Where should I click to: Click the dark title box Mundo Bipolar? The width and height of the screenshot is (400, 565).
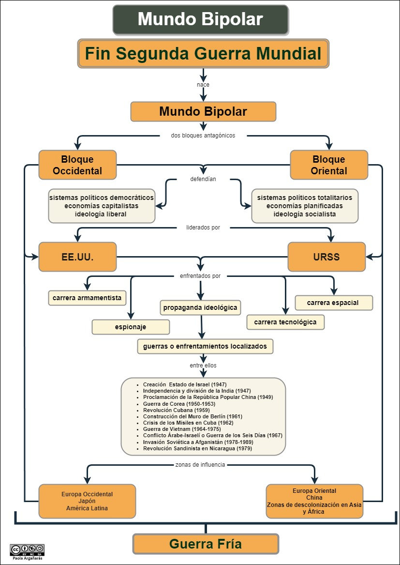pos(201,19)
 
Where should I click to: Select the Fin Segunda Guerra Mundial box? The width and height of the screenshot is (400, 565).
pos(203,54)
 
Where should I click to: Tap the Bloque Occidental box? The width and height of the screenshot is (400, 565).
pos(77,165)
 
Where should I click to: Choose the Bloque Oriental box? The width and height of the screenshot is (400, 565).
pos(329,165)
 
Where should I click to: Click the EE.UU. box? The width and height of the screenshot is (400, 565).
pos(77,257)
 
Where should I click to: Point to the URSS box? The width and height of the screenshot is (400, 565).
pos(326,257)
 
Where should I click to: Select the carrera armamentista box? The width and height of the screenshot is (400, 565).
pos(87,298)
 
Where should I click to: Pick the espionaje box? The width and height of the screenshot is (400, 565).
pos(131,327)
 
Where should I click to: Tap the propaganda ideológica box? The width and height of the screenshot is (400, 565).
pos(200,308)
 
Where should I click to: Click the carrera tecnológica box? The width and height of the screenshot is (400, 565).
pos(285,322)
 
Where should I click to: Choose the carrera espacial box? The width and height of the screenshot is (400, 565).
pos(334,303)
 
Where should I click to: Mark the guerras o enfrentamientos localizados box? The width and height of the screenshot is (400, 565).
pos(205,346)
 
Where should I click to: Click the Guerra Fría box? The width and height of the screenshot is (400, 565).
pos(206,544)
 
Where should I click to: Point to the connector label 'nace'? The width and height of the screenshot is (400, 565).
pos(203,85)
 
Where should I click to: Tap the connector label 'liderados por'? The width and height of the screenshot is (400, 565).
pos(203,228)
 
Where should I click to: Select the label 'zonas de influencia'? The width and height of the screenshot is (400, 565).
pos(200,464)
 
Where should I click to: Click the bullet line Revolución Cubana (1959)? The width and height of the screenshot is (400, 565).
pos(176,410)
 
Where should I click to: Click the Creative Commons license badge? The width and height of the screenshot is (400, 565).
pos(28,550)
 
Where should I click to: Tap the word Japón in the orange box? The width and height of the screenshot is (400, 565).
pos(87,501)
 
